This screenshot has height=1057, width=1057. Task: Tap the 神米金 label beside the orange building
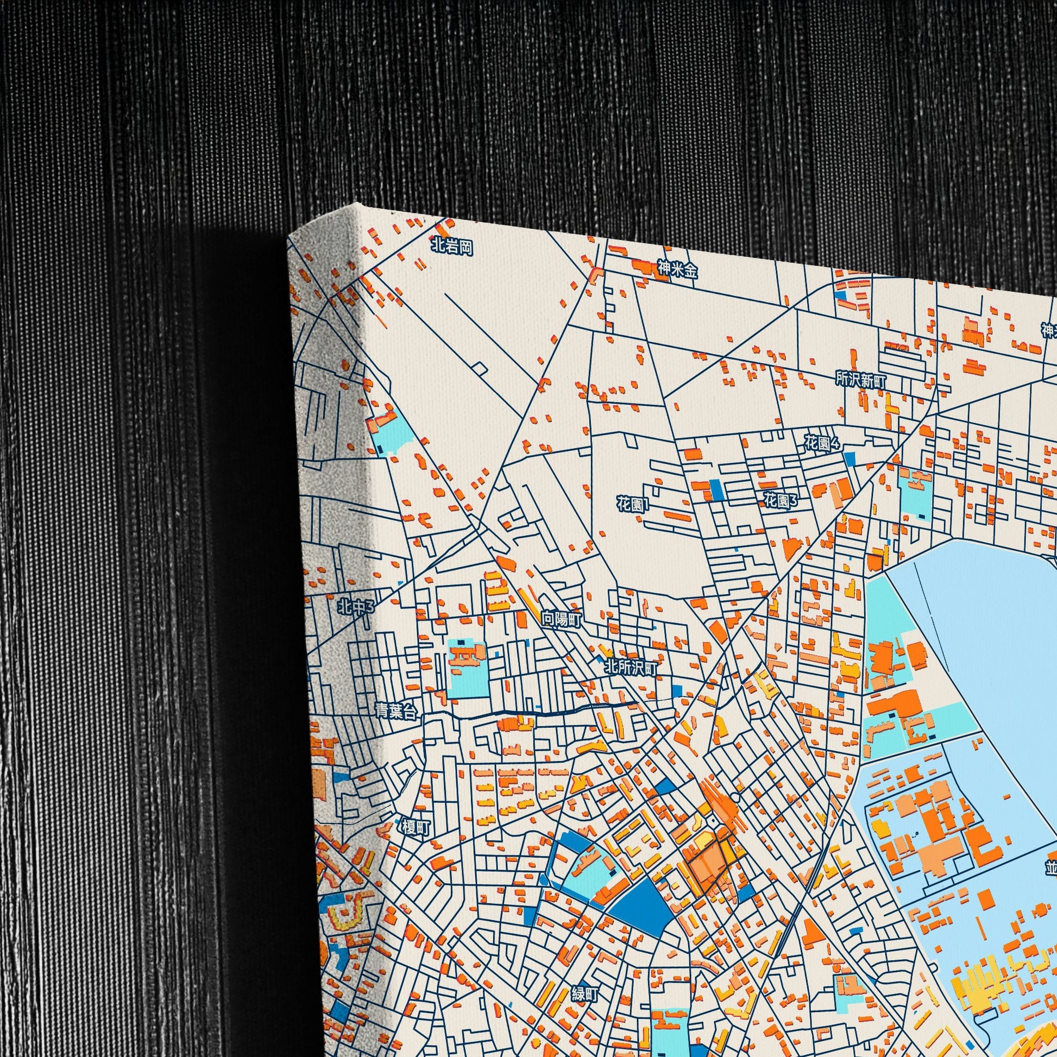[x=677, y=269]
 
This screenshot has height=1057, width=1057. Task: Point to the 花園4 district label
[x=822, y=443]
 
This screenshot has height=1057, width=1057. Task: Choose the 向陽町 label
[x=561, y=619]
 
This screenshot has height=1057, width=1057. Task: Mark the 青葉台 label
[x=396, y=710]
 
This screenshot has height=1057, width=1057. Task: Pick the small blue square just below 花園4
[x=850, y=458]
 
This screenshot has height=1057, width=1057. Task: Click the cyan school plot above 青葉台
[x=468, y=669]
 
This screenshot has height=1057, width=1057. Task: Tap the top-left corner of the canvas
[x=289, y=236]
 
